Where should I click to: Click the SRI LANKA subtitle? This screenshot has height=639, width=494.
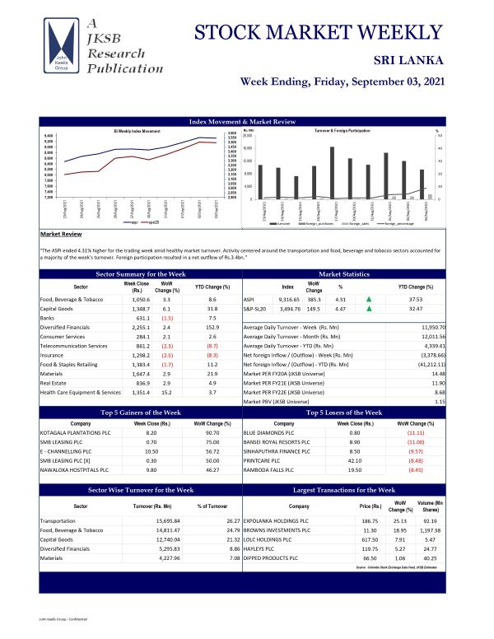pos(409,60)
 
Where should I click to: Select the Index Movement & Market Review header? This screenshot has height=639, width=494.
pos(242,122)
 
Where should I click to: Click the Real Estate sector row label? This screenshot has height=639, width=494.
pos(56,383)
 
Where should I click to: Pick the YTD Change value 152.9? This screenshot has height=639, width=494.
pos(212,329)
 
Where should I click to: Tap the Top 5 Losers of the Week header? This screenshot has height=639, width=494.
pos(345,412)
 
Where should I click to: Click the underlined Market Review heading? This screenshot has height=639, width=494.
pos(59,234)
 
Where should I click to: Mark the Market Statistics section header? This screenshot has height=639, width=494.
pos(345,273)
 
